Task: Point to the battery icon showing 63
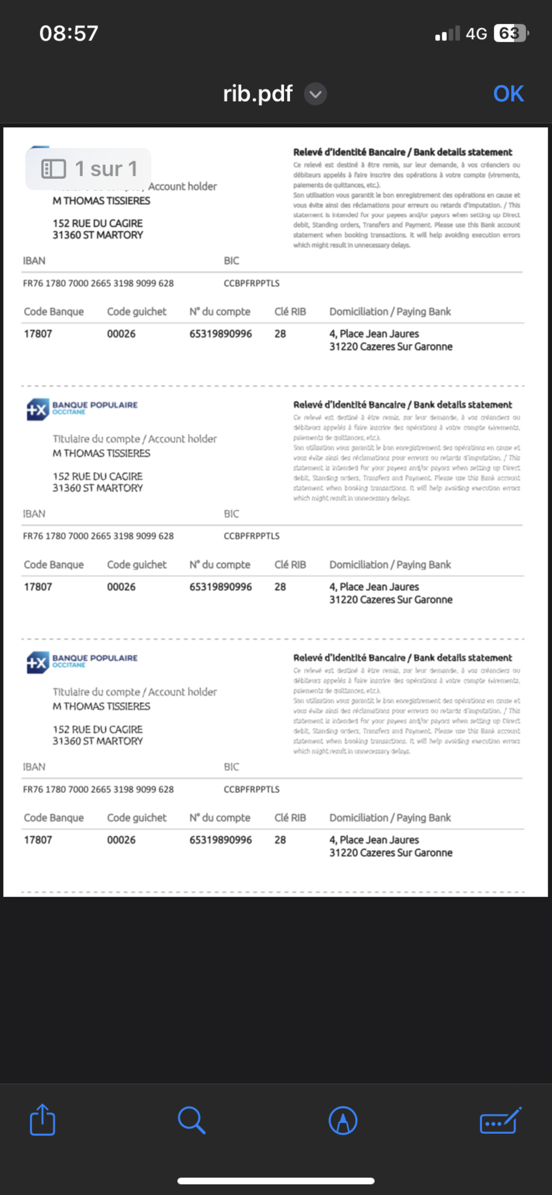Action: click(x=511, y=33)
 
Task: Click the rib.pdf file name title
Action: click(x=258, y=94)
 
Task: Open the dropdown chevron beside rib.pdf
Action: click(x=315, y=94)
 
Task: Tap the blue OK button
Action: click(x=508, y=94)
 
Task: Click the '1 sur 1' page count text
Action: click(x=106, y=169)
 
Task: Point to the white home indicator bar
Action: click(x=276, y=1181)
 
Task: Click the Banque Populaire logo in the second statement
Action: click(x=82, y=409)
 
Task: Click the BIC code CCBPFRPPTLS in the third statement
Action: click(x=251, y=789)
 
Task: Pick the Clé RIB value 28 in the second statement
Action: click(x=280, y=587)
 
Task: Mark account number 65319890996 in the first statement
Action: click(x=220, y=334)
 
